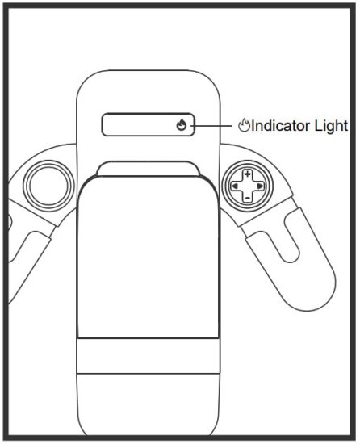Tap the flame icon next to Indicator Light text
click(244, 125)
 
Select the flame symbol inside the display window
click(181, 124)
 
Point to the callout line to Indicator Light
click(213, 125)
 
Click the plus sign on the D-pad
click(248, 174)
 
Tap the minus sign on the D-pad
click(248, 198)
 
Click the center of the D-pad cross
click(248, 186)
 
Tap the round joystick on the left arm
click(48, 186)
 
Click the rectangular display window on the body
click(149, 124)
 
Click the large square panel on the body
click(148, 257)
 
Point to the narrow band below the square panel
click(148, 356)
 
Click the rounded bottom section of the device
click(148, 405)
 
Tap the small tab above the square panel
click(148, 169)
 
